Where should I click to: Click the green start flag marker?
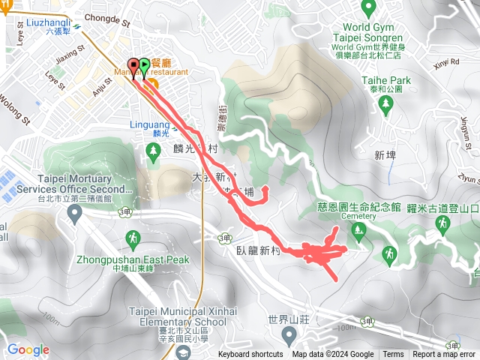(x=144, y=67)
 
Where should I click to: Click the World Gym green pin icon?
(x=368, y=9)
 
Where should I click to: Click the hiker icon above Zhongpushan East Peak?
(x=133, y=239)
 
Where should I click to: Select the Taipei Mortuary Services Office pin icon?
(x=74, y=214)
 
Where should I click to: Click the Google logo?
(x=28, y=349)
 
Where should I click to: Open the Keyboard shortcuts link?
(x=250, y=355)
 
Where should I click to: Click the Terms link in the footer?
(x=393, y=355)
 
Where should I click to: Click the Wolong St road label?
(x=13, y=109)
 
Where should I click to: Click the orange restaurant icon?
(x=151, y=81)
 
